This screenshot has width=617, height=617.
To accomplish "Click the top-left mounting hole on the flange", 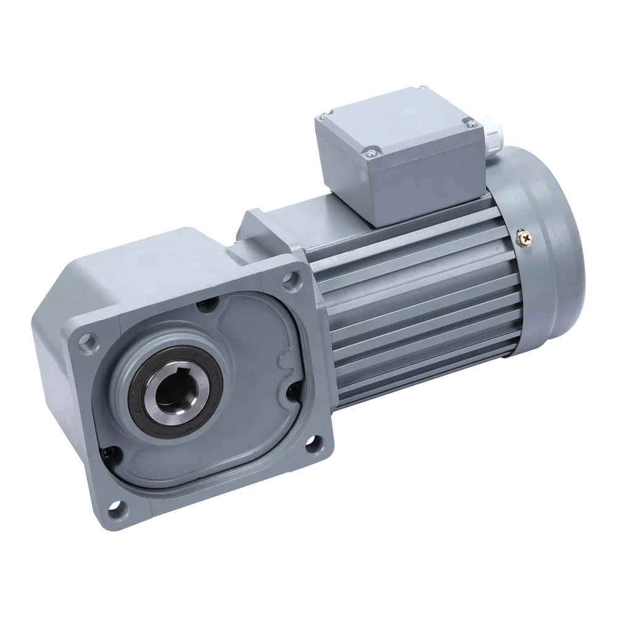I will [x=91, y=339].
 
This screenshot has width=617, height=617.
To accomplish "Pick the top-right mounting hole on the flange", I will [x=288, y=280].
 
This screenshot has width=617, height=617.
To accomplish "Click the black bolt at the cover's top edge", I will [x=205, y=305].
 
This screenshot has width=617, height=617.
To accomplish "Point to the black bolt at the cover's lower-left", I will [x=109, y=452].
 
